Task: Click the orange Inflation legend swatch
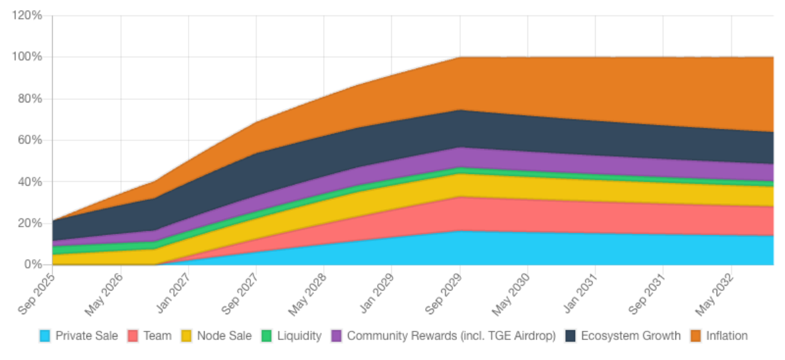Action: click(696, 335)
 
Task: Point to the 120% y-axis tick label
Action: click(27, 15)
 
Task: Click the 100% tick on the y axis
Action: click(27, 57)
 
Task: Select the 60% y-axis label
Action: click(30, 140)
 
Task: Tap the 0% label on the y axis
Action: click(33, 264)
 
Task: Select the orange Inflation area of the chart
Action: click(598, 86)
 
